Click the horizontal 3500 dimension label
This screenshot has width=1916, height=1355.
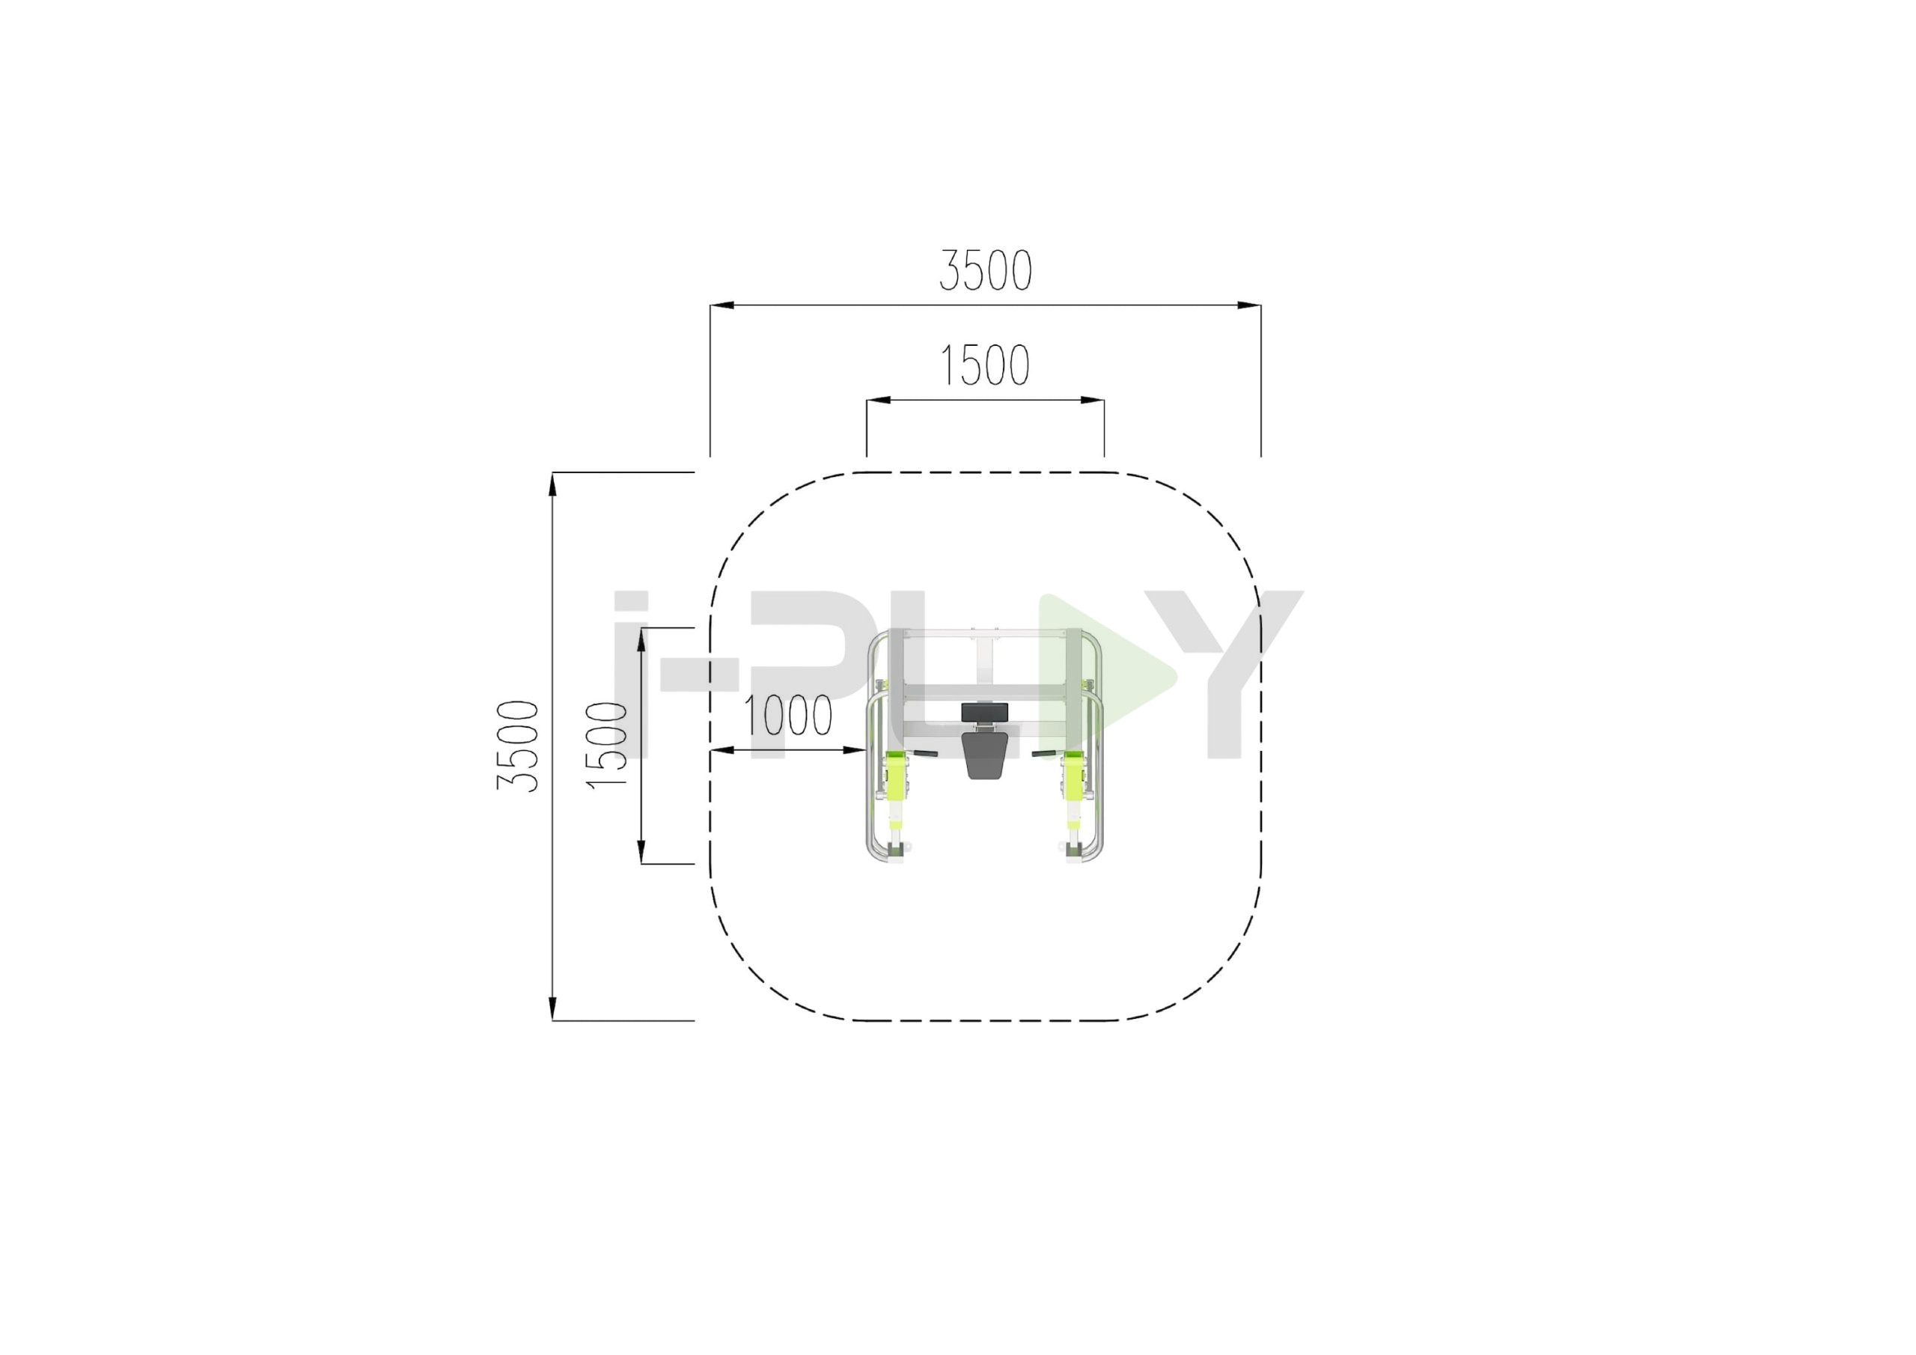click(986, 270)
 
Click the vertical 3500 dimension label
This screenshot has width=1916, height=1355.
click(518, 746)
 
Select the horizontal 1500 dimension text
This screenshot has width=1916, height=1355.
click(986, 365)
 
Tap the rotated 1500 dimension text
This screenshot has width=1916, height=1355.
click(607, 746)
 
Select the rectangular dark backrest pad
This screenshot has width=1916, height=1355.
click(985, 712)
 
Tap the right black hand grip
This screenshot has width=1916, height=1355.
click(1044, 755)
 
